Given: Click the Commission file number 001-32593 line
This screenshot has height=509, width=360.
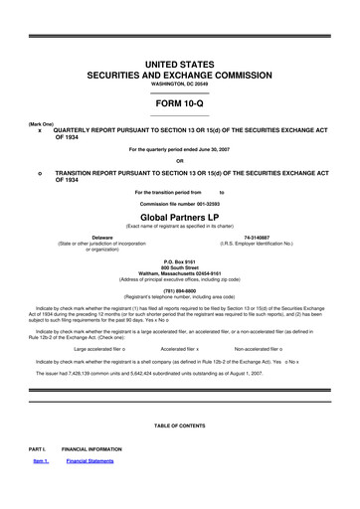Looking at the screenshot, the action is click(179, 203).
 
